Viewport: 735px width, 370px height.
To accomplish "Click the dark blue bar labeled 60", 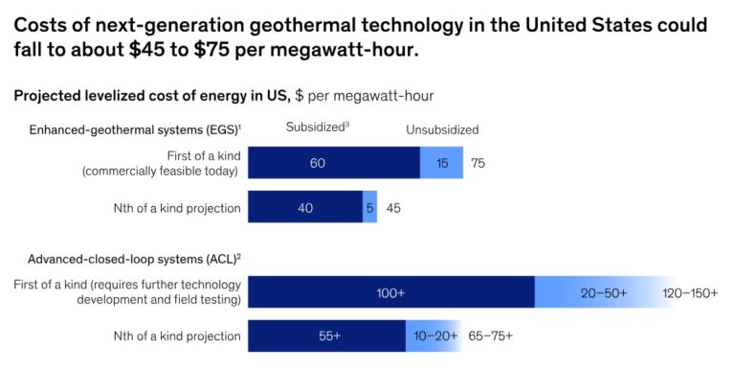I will (333, 163).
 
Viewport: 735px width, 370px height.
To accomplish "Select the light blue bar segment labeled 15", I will (441, 163).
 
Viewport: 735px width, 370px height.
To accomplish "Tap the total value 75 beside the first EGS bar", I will (478, 164).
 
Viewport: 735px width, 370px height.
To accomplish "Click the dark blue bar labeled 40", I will (304, 207).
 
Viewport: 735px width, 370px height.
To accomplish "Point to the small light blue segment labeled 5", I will (369, 207).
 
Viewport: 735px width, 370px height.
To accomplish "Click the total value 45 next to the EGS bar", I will (393, 207).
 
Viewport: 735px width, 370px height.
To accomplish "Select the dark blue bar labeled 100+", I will (390, 292).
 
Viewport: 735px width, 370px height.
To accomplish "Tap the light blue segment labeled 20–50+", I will (603, 292).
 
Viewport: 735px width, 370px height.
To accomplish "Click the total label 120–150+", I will (689, 292).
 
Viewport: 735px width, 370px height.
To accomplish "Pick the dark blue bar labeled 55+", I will (326, 336).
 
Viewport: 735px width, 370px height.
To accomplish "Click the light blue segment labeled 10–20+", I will (435, 336).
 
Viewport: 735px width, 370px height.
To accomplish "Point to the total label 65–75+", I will (490, 336).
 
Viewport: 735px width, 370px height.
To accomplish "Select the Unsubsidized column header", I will (441, 129).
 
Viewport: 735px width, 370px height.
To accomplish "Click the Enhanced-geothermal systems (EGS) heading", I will (133, 129).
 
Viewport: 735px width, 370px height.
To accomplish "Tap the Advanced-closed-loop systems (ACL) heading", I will (134, 259).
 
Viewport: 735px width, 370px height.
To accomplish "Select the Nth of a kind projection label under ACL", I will (175, 336).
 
